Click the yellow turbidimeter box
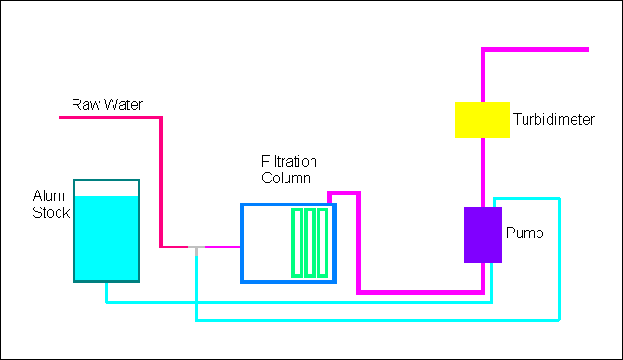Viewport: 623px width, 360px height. (x=482, y=120)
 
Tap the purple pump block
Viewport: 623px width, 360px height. (x=483, y=235)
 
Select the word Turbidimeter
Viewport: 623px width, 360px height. (x=554, y=119)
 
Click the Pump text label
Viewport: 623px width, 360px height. (x=524, y=233)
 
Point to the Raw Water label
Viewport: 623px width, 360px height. (x=107, y=104)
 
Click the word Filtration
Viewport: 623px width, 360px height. (x=289, y=161)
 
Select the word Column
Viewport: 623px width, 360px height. (x=285, y=178)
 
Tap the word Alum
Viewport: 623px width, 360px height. (x=49, y=195)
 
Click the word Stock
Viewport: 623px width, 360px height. (x=51, y=212)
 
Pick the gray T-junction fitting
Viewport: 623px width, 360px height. (x=196, y=248)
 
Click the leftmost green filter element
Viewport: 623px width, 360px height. (x=298, y=243)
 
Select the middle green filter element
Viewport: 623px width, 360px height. (x=310, y=243)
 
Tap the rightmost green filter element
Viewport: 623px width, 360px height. (x=323, y=243)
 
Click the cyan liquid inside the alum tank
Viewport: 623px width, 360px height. (x=107, y=238)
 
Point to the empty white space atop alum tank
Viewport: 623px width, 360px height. (x=107, y=189)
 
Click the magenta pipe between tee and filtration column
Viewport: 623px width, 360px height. (x=222, y=247)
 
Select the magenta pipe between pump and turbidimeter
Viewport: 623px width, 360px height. (x=483, y=172)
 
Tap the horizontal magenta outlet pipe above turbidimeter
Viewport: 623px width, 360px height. (x=535, y=49)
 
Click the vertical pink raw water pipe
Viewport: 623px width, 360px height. (x=161, y=182)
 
